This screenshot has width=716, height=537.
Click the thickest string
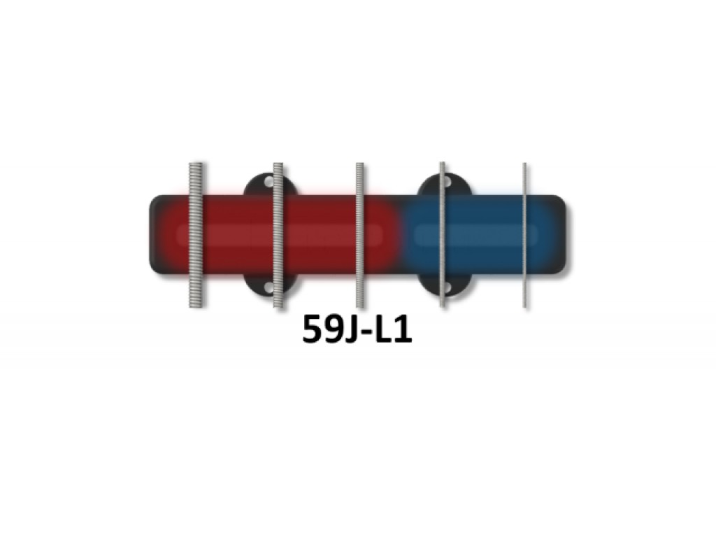coord(196,235)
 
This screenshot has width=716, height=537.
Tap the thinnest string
coord(524,235)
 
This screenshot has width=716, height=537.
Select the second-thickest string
coord(278,235)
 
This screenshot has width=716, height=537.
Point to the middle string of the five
coord(360,235)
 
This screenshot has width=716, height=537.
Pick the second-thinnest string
coord(443,235)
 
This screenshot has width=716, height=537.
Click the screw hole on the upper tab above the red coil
coord(269,182)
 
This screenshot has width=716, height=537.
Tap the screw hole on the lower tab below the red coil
coord(269,287)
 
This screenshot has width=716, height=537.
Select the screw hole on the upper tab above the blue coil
coord(447,182)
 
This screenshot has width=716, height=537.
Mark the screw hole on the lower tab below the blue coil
coord(447,287)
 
